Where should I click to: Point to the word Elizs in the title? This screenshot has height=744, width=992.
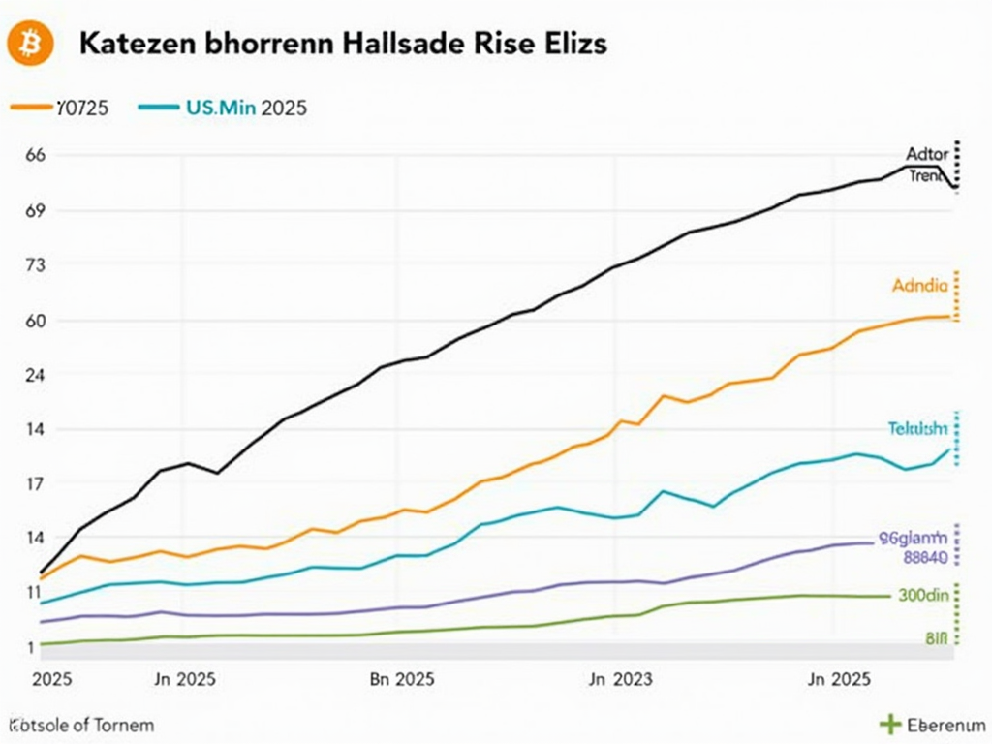click(x=573, y=45)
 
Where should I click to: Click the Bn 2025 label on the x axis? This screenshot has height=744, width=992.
click(x=402, y=679)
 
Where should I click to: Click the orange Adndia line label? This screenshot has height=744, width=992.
click(x=920, y=286)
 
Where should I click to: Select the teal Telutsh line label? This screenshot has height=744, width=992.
click(x=918, y=428)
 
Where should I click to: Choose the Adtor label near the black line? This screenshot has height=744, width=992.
click(x=928, y=154)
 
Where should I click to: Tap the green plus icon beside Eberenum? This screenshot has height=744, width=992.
click(x=889, y=724)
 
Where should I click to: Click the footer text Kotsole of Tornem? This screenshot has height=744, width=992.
click(x=81, y=724)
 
